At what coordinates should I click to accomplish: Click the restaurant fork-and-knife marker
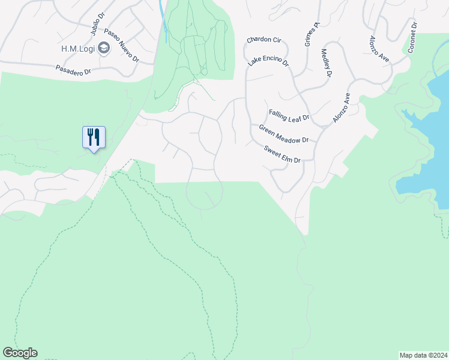[x=93, y=137]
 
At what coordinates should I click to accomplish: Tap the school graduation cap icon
[x=104, y=48]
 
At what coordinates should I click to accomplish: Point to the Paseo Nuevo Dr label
[x=121, y=46]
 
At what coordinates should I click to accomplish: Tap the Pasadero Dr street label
[x=74, y=70]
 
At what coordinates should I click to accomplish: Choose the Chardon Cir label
[x=264, y=40]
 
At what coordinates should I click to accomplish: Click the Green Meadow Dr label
[x=283, y=133]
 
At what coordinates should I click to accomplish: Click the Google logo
[x=20, y=353]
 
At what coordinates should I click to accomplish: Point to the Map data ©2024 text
[x=424, y=355]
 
